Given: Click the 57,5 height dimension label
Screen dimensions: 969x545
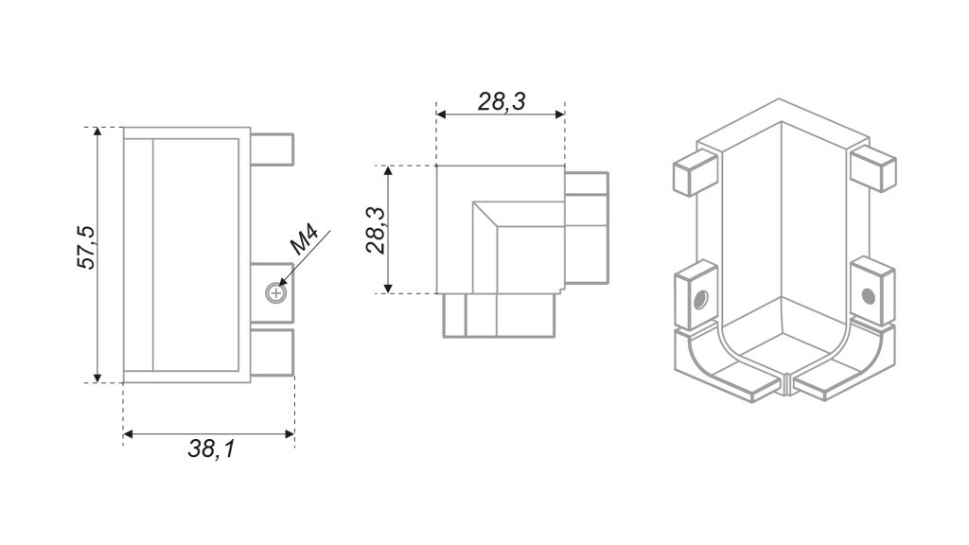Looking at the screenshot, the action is click(86, 247).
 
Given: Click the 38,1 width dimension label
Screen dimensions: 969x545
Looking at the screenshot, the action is click(211, 449).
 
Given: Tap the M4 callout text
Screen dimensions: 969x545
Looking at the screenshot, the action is click(305, 240).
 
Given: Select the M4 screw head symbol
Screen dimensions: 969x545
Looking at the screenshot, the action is click(275, 293).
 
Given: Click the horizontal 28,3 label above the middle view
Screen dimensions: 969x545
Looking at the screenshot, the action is click(502, 101).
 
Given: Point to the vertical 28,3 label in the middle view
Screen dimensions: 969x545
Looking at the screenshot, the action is click(375, 231).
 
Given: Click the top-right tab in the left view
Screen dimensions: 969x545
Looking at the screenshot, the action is click(272, 149).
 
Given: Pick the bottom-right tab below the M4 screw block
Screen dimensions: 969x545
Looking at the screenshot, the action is click(272, 352).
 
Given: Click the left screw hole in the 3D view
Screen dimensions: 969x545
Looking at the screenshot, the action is click(700, 300).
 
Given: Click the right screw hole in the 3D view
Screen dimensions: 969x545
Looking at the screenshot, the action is click(869, 297).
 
